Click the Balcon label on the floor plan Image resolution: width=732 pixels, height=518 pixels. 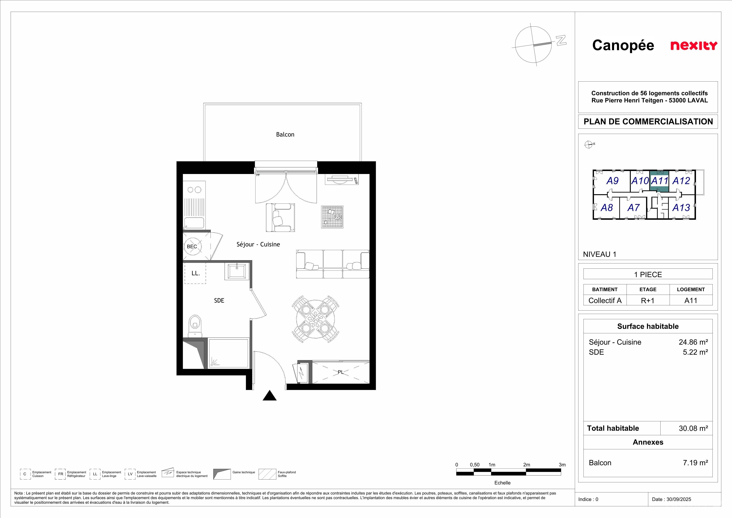coord(285,135)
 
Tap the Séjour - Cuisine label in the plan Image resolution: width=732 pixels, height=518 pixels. coord(258,244)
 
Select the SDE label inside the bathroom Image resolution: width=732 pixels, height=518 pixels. coord(219,300)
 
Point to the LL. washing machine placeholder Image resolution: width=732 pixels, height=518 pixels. coord(195,273)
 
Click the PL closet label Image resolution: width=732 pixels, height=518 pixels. coord(341,372)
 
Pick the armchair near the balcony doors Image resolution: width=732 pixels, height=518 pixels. coord(280,218)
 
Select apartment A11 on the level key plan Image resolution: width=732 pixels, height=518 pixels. coord(659,181)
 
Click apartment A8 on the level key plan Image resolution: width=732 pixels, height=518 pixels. coord(606,208)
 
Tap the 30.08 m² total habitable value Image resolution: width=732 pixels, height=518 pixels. coord(693,428)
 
